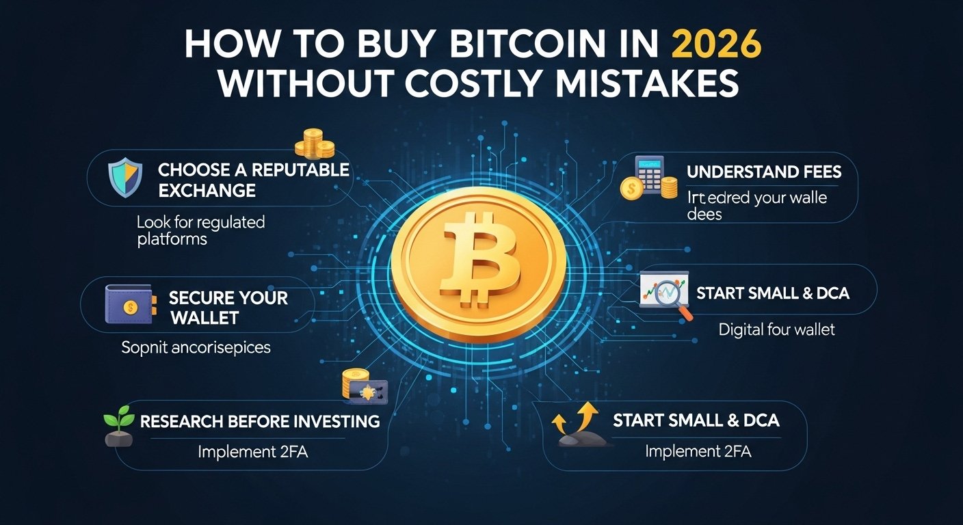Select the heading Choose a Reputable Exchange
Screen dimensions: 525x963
pos(253,180)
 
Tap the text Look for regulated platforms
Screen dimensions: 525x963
pos(200,230)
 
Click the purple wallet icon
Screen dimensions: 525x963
pos(126,305)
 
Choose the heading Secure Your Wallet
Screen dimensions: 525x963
pos(228,308)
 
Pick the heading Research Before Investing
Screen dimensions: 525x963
pos(260,421)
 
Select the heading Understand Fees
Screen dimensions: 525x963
pos(764,172)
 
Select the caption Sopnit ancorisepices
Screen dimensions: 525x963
pos(196,347)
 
